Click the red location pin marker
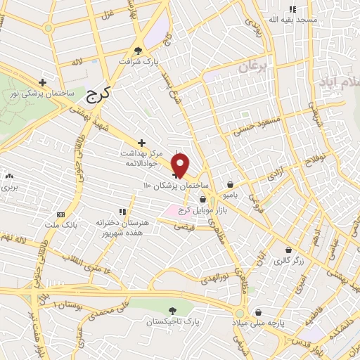181,165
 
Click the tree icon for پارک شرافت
138,50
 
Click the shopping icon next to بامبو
231,184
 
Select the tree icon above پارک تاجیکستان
173,310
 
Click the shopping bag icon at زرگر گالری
289,250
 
